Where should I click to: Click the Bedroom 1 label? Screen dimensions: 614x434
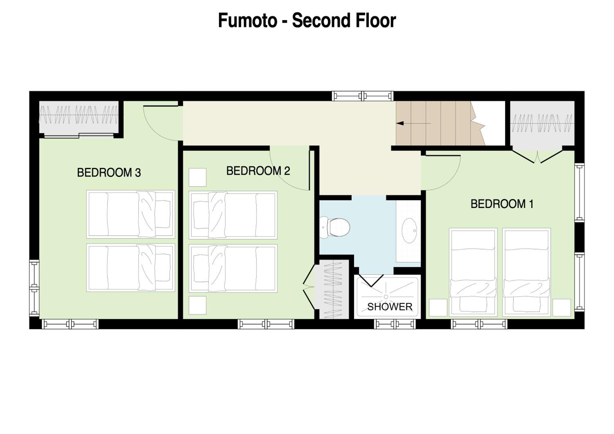click(502, 204)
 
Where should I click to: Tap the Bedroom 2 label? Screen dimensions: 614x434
click(258, 171)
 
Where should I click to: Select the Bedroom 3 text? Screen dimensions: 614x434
click(109, 173)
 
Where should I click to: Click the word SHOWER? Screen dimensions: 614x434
click(390, 307)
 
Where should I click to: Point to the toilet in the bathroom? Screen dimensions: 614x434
click(335, 227)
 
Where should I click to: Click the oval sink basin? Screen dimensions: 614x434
click(409, 231)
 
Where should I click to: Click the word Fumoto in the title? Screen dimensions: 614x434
click(248, 21)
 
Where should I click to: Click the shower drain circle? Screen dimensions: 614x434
click(386, 297)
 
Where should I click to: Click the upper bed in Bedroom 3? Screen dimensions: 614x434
click(131, 214)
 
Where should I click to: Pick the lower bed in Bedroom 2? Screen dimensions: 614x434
click(233, 268)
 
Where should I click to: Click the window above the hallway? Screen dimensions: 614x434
click(363, 96)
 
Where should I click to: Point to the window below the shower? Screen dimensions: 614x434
click(395, 324)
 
